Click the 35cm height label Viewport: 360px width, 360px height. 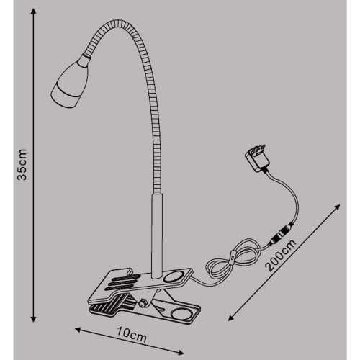[22, 164]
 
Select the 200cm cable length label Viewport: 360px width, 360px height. [280, 255]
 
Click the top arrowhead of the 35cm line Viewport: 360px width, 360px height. [34, 11]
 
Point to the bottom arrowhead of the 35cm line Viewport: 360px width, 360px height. [34, 319]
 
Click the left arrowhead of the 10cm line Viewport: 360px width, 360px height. [78, 330]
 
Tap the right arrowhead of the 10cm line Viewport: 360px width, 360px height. [181, 353]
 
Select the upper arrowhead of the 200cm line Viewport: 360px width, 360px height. [338, 207]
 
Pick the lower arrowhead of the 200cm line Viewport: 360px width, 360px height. [230, 318]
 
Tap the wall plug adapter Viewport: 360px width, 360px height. [258, 158]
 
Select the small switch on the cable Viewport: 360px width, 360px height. [233, 259]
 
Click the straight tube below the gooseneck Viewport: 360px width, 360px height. [157, 236]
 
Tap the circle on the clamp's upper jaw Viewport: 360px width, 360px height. [173, 276]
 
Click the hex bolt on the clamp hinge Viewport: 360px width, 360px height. [143, 303]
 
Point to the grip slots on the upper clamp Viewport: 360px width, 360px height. [122, 282]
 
